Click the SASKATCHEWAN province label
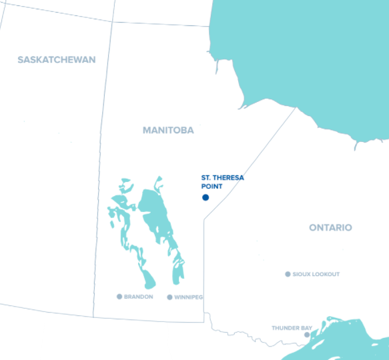coord(57,60)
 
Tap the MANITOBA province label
coord(168,131)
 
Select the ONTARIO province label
coord(330,228)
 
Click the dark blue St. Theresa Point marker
coord(206,197)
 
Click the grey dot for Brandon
coord(119,297)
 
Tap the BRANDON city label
coord(139,297)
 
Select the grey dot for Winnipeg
coord(169,297)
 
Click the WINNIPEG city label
coord(188,297)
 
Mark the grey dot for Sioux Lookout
coord(288,274)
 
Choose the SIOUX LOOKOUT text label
coord(316,275)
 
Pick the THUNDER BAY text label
coord(292,328)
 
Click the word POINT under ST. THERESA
coord(212,187)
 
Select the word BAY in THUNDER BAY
coord(306,328)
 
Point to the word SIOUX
coord(301,275)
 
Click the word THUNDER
coord(285,328)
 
